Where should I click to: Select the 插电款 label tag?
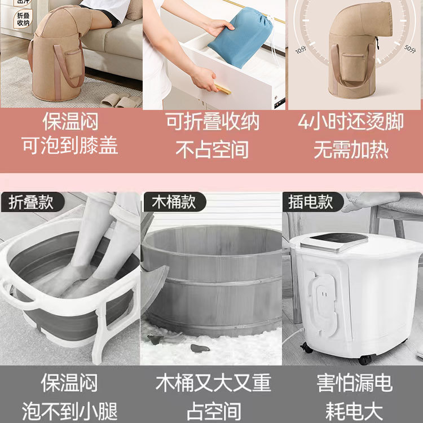click(311, 201)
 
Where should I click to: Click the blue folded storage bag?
click(240, 37)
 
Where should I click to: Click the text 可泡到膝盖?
click(70, 146)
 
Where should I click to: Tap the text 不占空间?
click(212, 149)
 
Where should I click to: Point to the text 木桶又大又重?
click(213, 383)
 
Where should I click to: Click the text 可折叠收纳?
click(212, 122)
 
